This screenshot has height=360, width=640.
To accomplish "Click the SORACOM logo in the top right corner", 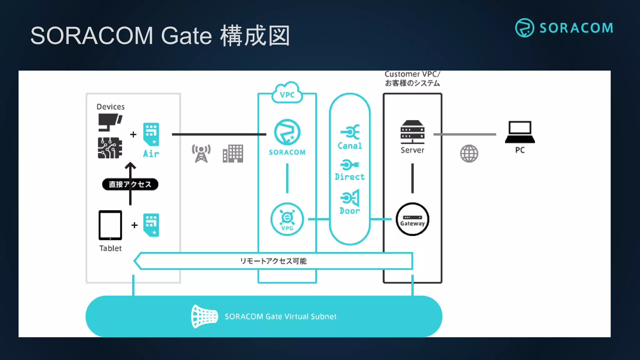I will click(564, 28).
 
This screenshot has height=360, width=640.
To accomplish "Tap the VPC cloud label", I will click(287, 94).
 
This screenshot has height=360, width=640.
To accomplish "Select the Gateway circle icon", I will click(412, 219).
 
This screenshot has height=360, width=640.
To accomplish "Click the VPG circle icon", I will click(287, 219).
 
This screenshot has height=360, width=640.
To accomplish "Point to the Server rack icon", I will click(412, 132).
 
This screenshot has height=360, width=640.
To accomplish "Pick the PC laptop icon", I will click(520, 132).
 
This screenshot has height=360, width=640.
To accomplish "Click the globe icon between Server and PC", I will click(469, 153).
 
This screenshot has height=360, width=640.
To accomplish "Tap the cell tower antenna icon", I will click(201, 153).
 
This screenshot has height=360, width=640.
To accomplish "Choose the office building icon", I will click(233, 153).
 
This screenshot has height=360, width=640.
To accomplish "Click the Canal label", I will click(350, 146).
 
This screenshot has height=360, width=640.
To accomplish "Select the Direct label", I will click(350, 177).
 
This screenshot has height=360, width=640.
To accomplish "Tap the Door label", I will click(350, 211).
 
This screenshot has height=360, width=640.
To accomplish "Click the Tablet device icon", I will click(110, 225).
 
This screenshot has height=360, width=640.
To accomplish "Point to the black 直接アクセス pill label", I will click(130, 184).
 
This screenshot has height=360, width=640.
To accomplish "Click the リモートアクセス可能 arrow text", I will click(273, 261).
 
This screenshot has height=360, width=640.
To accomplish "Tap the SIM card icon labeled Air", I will click(151, 134).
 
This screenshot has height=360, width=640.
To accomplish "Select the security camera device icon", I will click(110, 122).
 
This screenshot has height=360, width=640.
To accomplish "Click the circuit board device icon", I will click(110, 148).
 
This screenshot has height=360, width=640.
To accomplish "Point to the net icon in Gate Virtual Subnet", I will click(204, 316).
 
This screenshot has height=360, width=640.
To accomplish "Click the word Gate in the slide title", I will click(187, 36).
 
